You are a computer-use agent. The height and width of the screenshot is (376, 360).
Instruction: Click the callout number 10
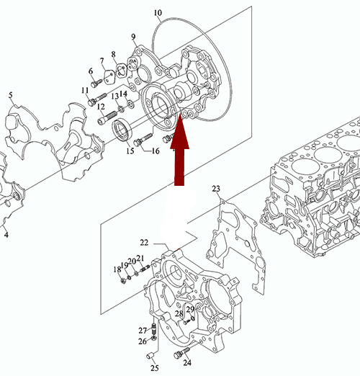click(x=158, y=12)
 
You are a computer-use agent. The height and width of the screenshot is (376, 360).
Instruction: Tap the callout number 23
click(x=216, y=189)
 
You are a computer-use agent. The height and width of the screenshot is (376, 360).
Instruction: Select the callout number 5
click(x=11, y=95)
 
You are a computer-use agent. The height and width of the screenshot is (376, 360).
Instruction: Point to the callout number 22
click(x=144, y=243)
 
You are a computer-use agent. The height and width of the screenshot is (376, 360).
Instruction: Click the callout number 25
click(x=155, y=368)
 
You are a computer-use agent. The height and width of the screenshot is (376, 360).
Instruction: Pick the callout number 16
click(x=156, y=151)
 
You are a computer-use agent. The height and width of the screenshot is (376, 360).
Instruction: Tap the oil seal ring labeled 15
click(x=122, y=130)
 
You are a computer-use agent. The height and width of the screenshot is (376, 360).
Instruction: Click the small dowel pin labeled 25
click(x=150, y=356)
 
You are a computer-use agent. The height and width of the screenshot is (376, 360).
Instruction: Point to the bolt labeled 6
click(x=96, y=83)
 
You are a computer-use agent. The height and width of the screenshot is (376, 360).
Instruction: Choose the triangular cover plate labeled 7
click(x=109, y=77)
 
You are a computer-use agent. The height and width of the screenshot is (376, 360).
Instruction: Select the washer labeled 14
click(x=131, y=104)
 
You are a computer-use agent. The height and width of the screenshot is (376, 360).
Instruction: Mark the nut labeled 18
click(x=123, y=280)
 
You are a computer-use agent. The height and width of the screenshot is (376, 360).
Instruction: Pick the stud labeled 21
click(x=145, y=268)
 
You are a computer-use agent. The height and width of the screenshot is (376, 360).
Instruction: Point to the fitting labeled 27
click(x=154, y=328)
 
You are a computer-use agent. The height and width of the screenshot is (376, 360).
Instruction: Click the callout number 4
click(x=6, y=235)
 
